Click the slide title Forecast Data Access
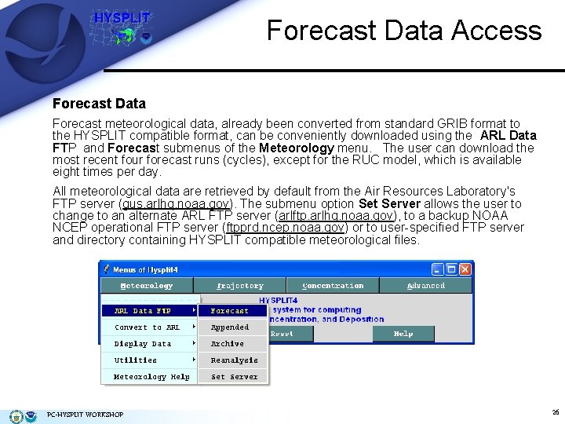pyautogui.click(x=404, y=31)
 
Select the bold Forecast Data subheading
pyautogui.click(x=99, y=103)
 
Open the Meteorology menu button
pyautogui.click(x=148, y=286)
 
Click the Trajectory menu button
pyautogui.click(x=240, y=286)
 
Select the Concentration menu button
pyautogui.click(x=333, y=286)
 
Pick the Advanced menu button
pyautogui.click(x=426, y=286)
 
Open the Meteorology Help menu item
pyautogui.click(x=151, y=377)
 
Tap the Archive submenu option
pyautogui.click(x=228, y=344)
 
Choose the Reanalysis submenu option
pyautogui.click(x=234, y=360)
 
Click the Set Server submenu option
pyautogui.click(x=234, y=377)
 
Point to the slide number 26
pyautogui.click(x=556, y=411)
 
